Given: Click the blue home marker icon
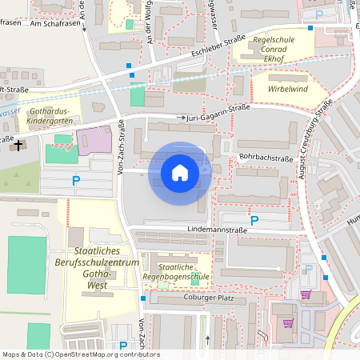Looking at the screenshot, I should tap(179, 172).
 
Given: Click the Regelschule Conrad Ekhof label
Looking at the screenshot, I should tap(274, 48).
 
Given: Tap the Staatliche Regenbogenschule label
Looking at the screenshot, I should tap(183, 271).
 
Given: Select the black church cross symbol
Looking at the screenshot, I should tap(18, 146).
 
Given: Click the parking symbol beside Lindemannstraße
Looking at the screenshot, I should tap(254, 220).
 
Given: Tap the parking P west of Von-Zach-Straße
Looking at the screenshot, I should tap(76, 181).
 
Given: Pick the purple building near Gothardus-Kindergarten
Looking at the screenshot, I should tap(94, 142).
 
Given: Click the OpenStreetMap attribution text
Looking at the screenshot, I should tap(80, 354).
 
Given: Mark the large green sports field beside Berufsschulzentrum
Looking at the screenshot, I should tap(27, 265).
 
